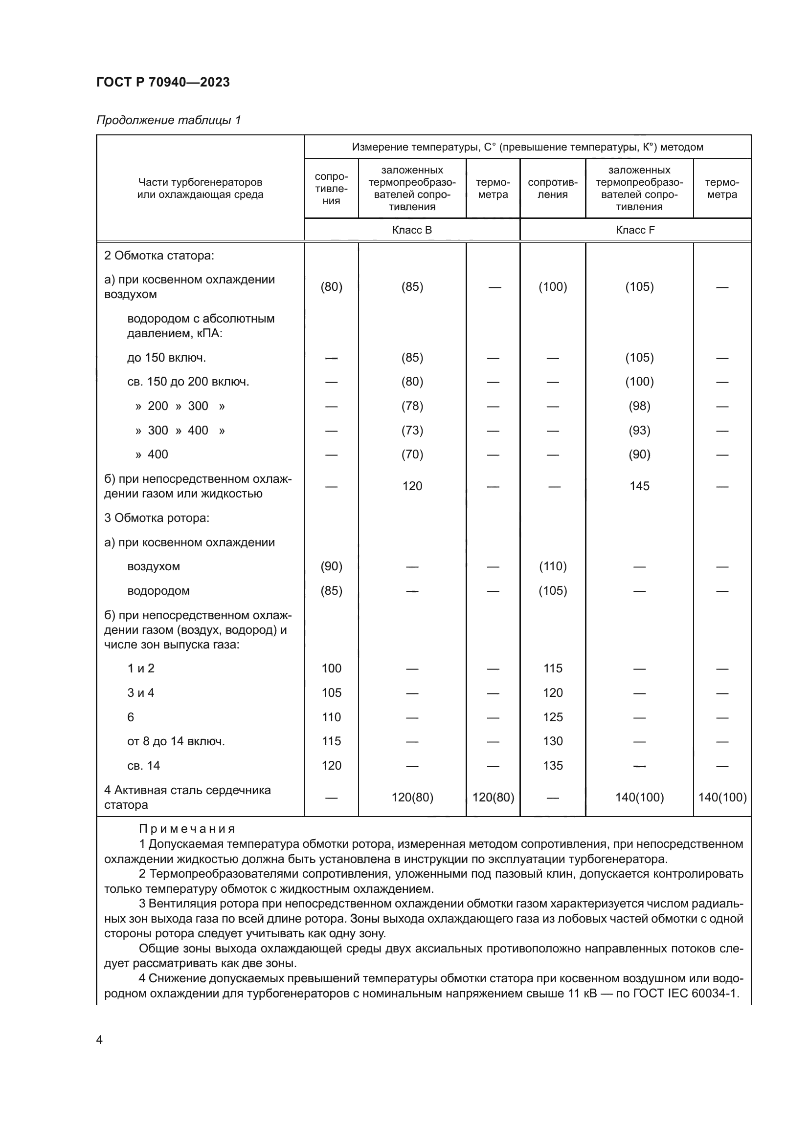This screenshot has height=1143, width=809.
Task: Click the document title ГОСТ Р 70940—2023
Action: click(x=163, y=82)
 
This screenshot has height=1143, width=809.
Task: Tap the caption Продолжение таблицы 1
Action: click(x=168, y=120)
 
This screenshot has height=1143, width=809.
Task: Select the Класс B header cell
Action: click(x=412, y=230)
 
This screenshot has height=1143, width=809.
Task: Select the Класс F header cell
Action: click(x=635, y=230)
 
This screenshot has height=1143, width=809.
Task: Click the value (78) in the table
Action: click(x=412, y=406)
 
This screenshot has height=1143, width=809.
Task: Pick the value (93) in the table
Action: click(x=639, y=430)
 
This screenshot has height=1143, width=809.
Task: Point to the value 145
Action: click(x=639, y=486)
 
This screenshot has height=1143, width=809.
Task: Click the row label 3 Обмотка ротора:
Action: click(x=157, y=518)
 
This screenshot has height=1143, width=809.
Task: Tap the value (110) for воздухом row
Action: click(x=552, y=566)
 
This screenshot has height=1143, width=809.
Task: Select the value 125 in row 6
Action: click(x=552, y=717)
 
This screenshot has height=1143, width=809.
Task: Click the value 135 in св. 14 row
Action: click(x=552, y=766)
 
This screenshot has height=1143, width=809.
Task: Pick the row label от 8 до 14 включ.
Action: click(x=176, y=741)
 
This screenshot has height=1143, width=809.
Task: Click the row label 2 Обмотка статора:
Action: click(x=159, y=256)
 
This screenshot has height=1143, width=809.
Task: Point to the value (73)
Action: click(x=412, y=430)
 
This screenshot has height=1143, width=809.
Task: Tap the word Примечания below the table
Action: click(x=187, y=829)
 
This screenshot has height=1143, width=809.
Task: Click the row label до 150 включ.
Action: click(x=166, y=358)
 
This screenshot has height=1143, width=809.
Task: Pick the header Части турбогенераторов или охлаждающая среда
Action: click(x=200, y=188)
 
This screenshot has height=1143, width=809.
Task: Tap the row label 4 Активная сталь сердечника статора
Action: click(x=187, y=798)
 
